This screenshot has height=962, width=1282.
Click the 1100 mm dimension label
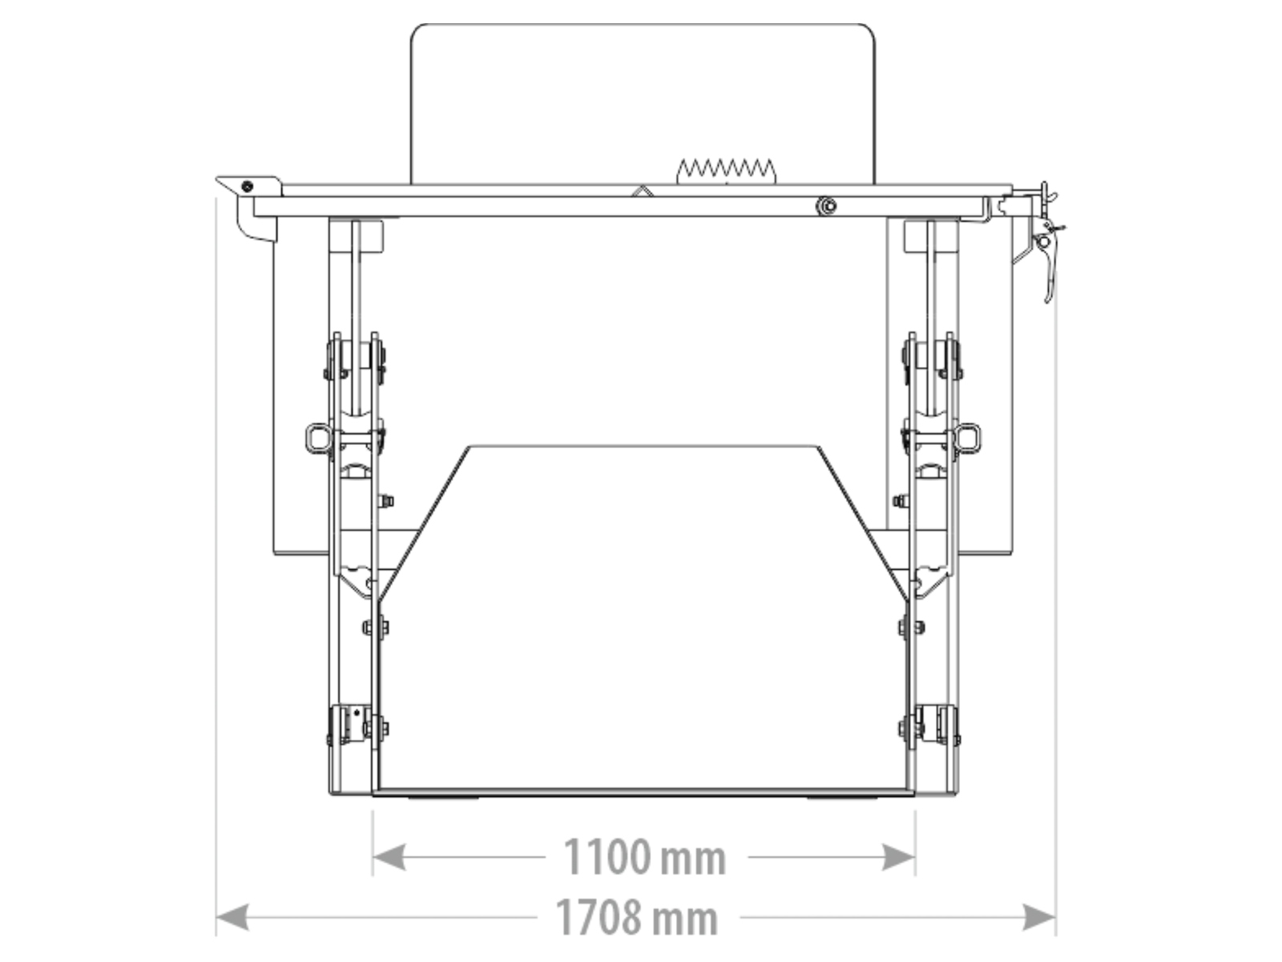coord(644,857)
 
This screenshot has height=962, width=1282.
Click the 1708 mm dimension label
coord(636,917)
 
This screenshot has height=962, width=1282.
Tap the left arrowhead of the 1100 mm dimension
coord(389,857)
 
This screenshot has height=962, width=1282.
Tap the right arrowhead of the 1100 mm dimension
coord(898,857)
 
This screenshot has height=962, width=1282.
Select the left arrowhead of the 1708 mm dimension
coord(232,917)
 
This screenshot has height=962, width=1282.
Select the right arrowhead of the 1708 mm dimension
coord(1039,917)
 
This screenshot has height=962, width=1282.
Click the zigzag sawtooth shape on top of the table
coord(726,171)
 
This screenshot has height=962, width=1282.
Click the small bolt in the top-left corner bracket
coord(247,186)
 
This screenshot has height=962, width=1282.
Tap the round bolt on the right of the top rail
coord(826,205)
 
